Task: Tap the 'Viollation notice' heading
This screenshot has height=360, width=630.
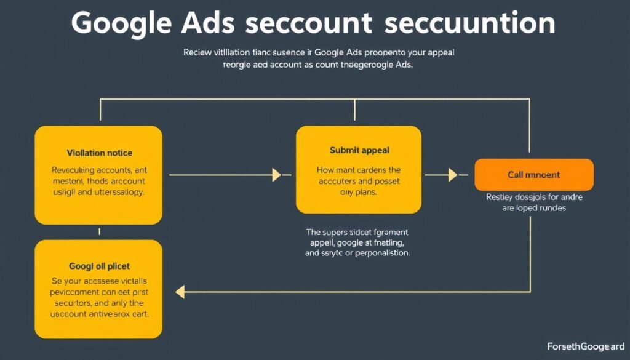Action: (x=99, y=152)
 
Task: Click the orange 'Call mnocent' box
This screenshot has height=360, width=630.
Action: (x=534, y=175)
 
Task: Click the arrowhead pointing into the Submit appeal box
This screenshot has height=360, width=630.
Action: (x=277, y=175)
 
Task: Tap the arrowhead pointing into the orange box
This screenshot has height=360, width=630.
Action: (x=453, y=175)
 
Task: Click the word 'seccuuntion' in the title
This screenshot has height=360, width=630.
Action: (x=469, y=22)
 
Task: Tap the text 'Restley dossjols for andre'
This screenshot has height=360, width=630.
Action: (x=534, y=198)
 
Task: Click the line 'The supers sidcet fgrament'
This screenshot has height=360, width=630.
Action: (x=357, y=232)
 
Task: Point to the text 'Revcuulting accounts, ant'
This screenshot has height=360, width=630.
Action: (x=98, y=169)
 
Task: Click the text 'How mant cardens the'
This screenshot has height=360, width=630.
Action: (x=358, y=169)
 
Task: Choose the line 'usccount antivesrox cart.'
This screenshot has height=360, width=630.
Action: (x=99, y=313)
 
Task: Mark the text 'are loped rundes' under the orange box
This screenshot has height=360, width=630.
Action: (x=534, y=208)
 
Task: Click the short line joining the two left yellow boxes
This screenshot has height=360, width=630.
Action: (x=99, y=232)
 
